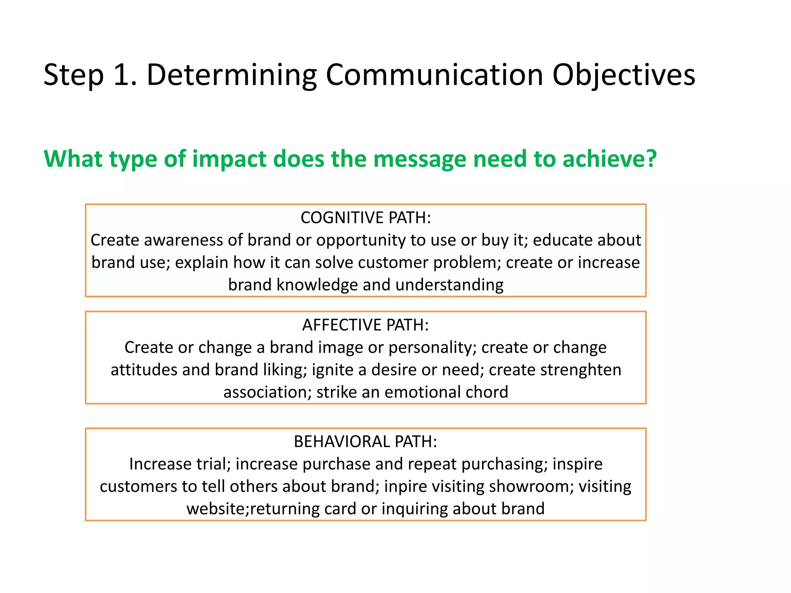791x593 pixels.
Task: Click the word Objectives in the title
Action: pyautogui.click(x=623, y=75)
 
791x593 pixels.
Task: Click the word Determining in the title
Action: pyautogui.click(x=232, y=75)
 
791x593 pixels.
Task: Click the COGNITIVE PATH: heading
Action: pyautogui.click(x=365, y=218)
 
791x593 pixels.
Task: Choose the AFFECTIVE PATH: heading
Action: pyautogui.click(x=365, y=325)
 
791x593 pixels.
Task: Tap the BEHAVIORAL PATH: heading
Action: pyautogui.click(x=365, y=442)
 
